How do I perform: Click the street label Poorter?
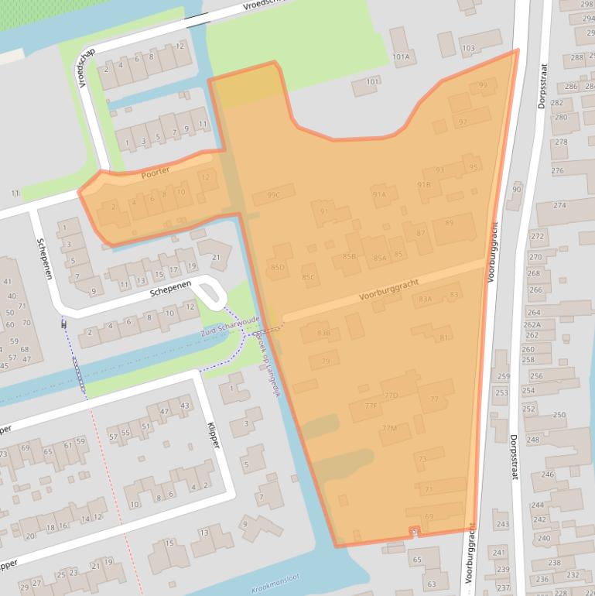pyautogui.click(x=156, y=174)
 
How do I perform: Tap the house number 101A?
pyautogui.click(x=401, y=57)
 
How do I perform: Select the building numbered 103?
pyautogui.click(x=467, y=49)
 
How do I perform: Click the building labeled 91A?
pyautogui.click(x=379, y=195)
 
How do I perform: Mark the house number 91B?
pyautogui.click(x=423, y=185)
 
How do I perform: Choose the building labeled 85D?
pyautogui.click(x=278, y=267)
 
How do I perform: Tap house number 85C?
pyautogui.click(x=309, y=277)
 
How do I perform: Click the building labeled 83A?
pyautogui.click(x=425, y=299)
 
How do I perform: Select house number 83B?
pyautogui.click(x=324, y=333)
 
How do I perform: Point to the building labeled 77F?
pyautogui.click(x=370, y=406)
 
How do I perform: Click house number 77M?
pyautogui.click(x=389, y=428)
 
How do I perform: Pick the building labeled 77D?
pyautogui.click(x=391, y=396)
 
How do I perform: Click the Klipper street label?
pyautogui.click(x=214, y=435)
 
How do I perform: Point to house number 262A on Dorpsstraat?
pyautogui.click(x=532, y=325)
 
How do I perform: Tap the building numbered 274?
pyautogui.click(x=559, y=205)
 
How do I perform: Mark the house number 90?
pyautogui.click(x=517, y=189)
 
